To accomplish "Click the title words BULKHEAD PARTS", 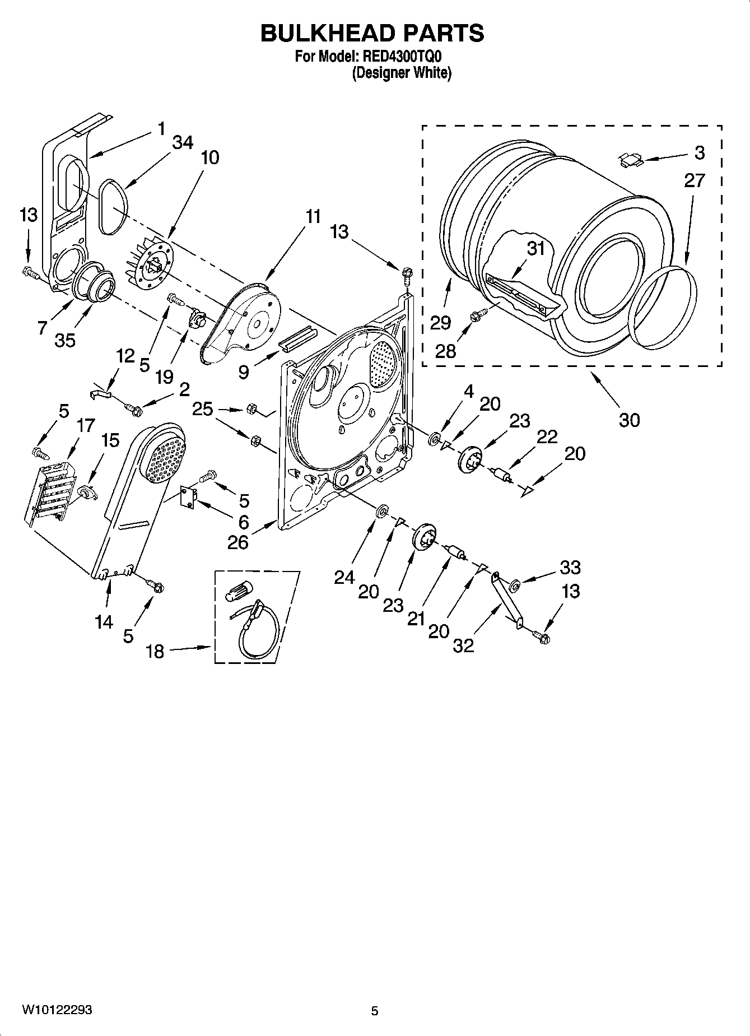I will [x=372, y=33].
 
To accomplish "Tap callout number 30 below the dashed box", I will [x=630, y=420].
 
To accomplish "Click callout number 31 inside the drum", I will [x=536, y=248].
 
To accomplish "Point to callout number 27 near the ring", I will [x=694, y=180].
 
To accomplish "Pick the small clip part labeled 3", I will [x=630, y=160].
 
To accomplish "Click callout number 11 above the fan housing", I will [x=314, y=216].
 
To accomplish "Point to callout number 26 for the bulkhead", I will [x=238, y=542].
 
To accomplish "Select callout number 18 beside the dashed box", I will [x=155, y=651].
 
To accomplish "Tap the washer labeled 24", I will [x=382, y=511].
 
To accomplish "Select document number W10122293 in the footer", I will [x=57, y=1010].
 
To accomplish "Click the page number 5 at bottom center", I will [x=375, y=1011].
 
